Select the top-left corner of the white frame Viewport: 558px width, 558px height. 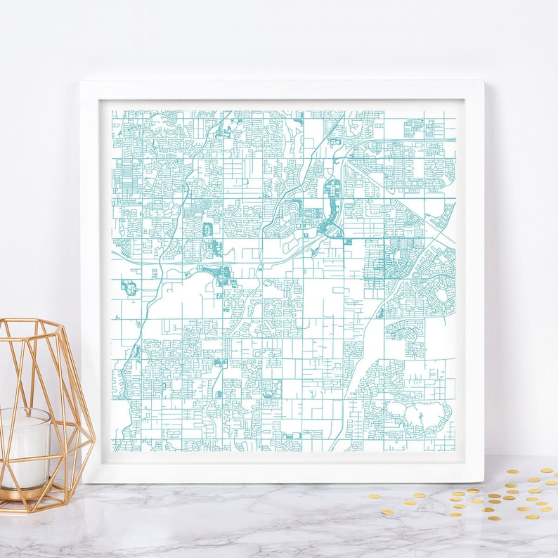[x=82, y=83]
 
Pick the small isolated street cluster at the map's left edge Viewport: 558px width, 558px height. [x=129, y=287]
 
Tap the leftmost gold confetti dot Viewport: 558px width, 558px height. [x=370, y=496]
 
